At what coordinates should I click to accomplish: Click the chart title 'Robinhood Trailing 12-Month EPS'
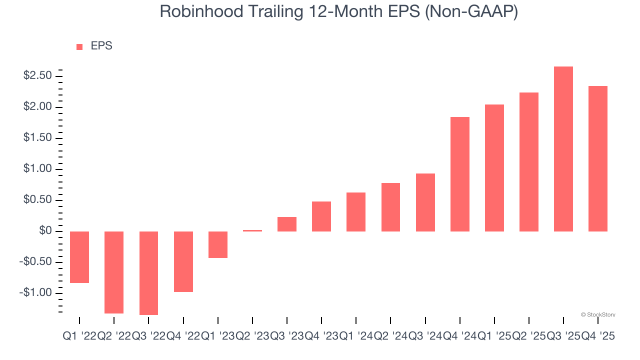tap(338, 11)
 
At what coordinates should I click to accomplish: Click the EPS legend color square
tap(79, 47)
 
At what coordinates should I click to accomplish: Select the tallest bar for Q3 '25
tap(563, 149)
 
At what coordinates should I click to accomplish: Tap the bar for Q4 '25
tap(598, 158)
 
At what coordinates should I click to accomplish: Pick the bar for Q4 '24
tap(460, 174)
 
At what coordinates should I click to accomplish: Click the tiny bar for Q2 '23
tap(252, 230)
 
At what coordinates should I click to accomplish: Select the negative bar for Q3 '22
tap(148, 273)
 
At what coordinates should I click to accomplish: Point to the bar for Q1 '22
tap(79, 257)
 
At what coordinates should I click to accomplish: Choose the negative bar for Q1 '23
tap(218, 244)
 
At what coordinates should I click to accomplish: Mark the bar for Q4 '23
tap(321, 216)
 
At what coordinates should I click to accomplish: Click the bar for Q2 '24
tap(390, 207)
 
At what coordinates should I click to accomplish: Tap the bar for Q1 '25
tap(494, 168)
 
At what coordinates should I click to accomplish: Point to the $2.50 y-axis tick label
tap(37, 76)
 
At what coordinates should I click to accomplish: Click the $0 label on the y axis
tap(45, 231)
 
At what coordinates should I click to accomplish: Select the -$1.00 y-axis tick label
tap(35, 292)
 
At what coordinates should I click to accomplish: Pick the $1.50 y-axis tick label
tap(37, 138)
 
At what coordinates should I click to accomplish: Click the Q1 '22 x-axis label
tap(79, 337)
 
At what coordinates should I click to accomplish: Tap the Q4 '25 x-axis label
tap(597, 337)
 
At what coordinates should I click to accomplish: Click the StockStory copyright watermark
tap(598, 314)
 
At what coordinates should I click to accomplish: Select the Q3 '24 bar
tap(425, 202)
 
